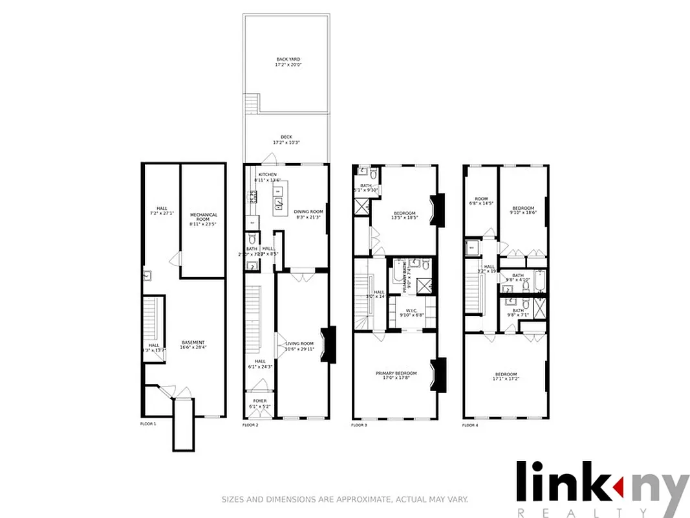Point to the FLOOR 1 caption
(x=149, y=424)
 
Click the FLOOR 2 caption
(x=250, y=425)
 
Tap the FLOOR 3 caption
(x=359, y=425)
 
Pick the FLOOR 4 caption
(x=470, y=425)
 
